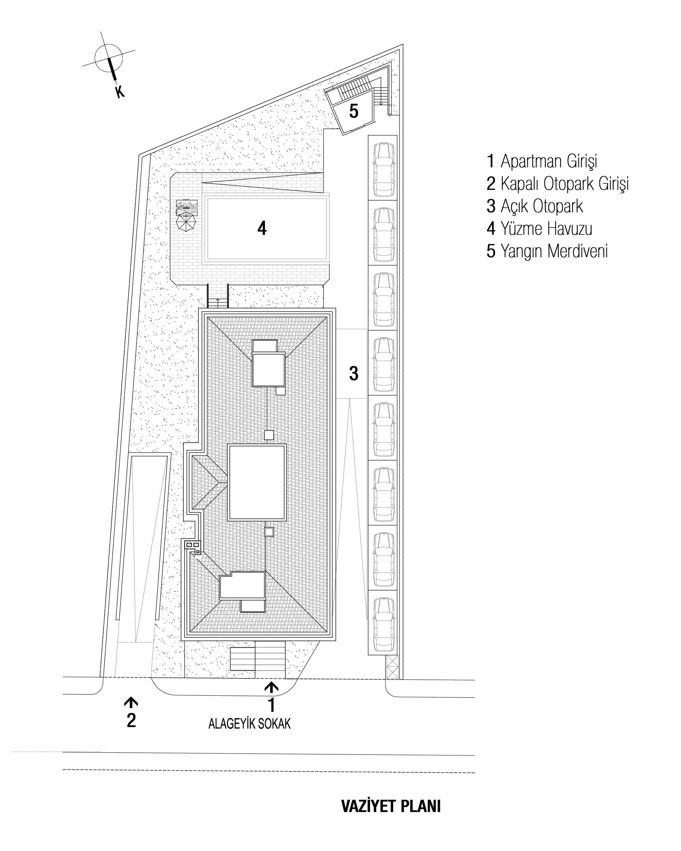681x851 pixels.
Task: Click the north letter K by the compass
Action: pos(119,92)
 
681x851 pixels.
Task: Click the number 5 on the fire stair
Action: pos(353,111)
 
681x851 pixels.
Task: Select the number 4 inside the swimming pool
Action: pos(262,228)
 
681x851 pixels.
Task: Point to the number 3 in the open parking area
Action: pos(353,373)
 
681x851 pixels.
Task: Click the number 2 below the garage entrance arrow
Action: pos(131,720)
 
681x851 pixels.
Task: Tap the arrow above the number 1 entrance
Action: pos(271,687)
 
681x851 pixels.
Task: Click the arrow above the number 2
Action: pos(131,702)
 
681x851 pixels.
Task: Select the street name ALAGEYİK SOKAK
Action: pos(250,723)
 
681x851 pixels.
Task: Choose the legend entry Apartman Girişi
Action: pos(542,161)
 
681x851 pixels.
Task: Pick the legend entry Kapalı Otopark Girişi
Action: pos(557,184)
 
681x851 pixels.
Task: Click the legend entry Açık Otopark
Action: pos(535,206)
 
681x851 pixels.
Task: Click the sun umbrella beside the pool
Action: pos(186,222)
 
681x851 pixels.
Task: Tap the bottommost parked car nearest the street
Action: pos(384,625)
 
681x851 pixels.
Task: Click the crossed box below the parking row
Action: pos(392,667)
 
